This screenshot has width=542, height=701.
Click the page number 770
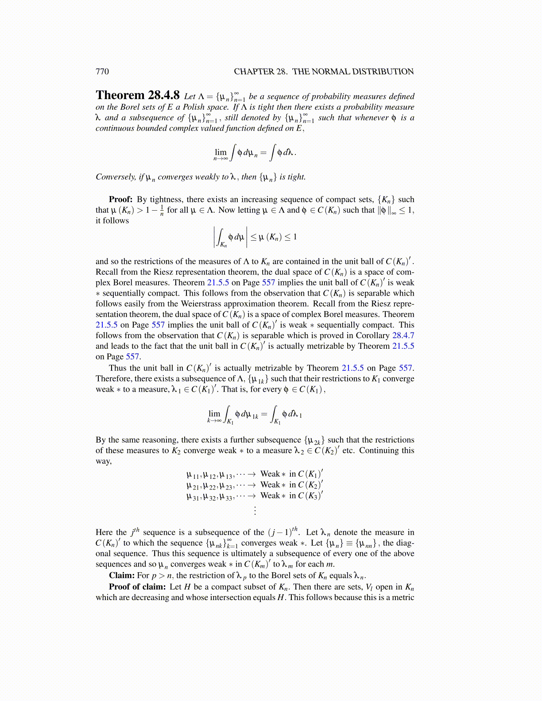coord(102,72)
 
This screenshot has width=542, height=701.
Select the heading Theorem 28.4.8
coord(138,96)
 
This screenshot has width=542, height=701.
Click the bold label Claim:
coord(122,575)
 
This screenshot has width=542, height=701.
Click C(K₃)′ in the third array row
coord(310,496)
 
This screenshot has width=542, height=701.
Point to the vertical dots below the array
coord(255,511)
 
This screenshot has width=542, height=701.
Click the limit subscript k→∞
coord(214,420)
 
